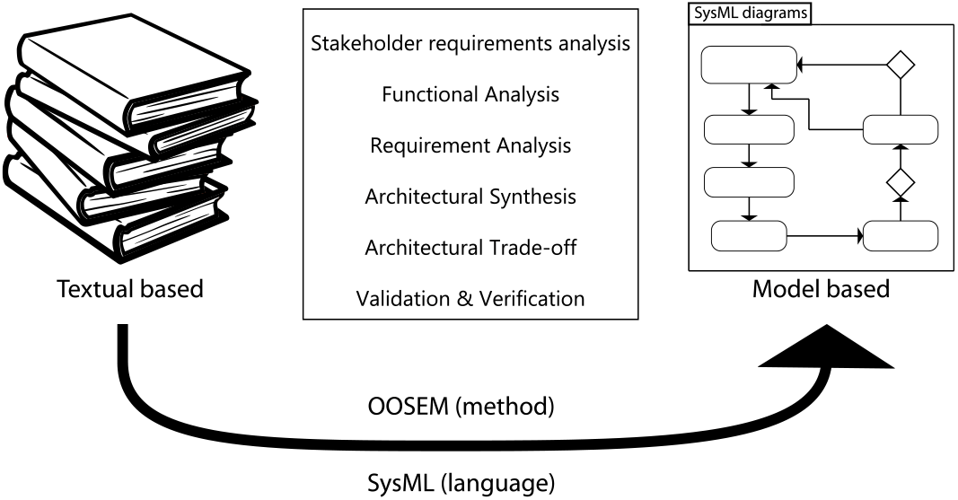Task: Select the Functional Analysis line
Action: (470, 94)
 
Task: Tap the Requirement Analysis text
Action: (470, 145)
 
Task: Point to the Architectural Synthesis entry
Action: (470, 197)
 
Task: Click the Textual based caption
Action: (130, 290)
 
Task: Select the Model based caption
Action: (821, 289)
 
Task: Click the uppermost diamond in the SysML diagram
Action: (899, 65)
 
